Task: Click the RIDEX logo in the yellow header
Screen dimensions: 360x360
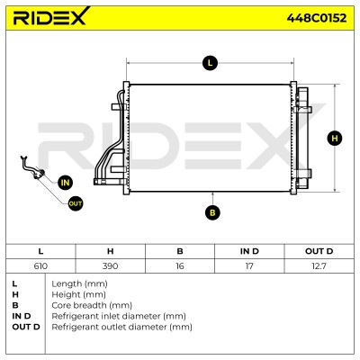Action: tap(51, 16)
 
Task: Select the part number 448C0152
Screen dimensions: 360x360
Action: tap(317, 18)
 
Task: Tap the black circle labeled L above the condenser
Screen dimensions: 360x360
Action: tap(210, 63)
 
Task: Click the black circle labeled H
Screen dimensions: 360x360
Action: tap(335, 138)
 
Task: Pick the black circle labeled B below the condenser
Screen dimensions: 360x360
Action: tap(212, 212)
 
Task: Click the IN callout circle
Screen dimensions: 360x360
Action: tap(65, 183)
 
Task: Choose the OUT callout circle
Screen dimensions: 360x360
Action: tap(75, 203)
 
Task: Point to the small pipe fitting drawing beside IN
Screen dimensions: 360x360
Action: tap(32, 168)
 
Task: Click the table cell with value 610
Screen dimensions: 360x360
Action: tap(40, 265)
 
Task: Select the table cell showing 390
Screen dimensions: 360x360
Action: tap(110, 265)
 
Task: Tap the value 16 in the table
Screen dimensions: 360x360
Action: tap(180, 265)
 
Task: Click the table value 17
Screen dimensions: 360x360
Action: tap(249, 265)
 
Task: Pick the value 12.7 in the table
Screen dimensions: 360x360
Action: tap(319, 265)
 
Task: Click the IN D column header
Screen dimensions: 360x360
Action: tap(249, 251)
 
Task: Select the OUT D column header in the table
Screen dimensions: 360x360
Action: tap(319, 251)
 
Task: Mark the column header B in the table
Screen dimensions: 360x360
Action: tap(180, 251)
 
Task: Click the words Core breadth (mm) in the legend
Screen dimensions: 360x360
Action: tap(92, 305)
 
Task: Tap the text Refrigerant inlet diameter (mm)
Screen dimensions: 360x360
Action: tap(119, 316)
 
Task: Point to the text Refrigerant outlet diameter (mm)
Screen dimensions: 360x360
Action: tap(121, 327)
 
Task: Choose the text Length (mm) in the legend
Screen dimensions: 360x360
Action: tap(79, 283)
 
